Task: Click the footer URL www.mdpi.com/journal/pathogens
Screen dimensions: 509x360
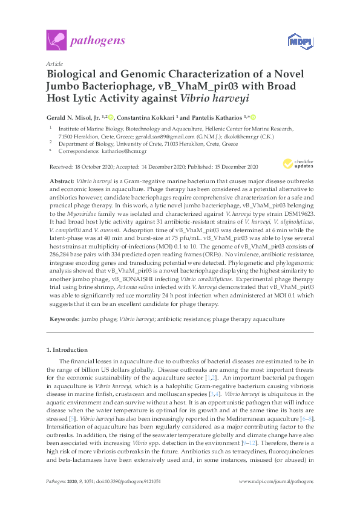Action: pos(275,498)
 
